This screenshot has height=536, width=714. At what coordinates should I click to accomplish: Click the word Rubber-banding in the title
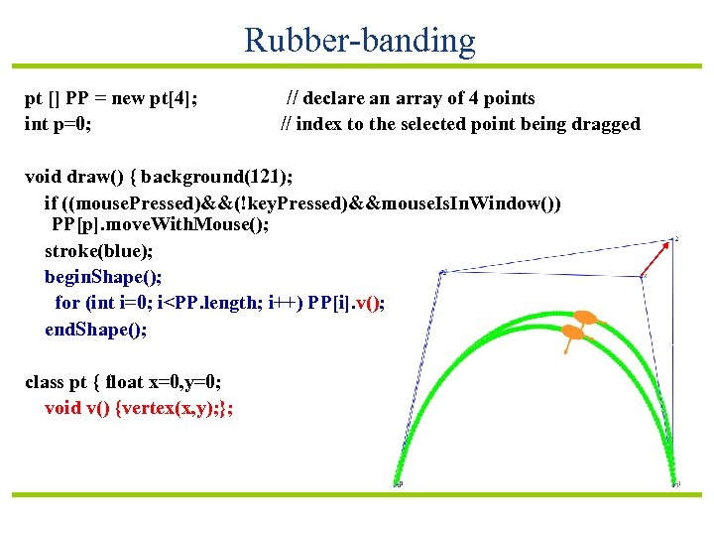359,41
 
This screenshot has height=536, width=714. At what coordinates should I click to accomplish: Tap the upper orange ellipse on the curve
586,319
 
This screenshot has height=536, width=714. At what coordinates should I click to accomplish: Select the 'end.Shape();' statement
96,330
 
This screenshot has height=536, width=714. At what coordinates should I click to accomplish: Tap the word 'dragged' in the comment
608,124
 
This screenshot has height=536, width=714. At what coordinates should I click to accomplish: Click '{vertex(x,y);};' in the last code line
176,408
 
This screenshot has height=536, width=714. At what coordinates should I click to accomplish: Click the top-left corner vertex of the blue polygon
442,271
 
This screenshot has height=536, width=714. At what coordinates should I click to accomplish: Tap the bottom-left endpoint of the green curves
397,483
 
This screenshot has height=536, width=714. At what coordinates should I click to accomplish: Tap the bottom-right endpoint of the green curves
676,483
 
